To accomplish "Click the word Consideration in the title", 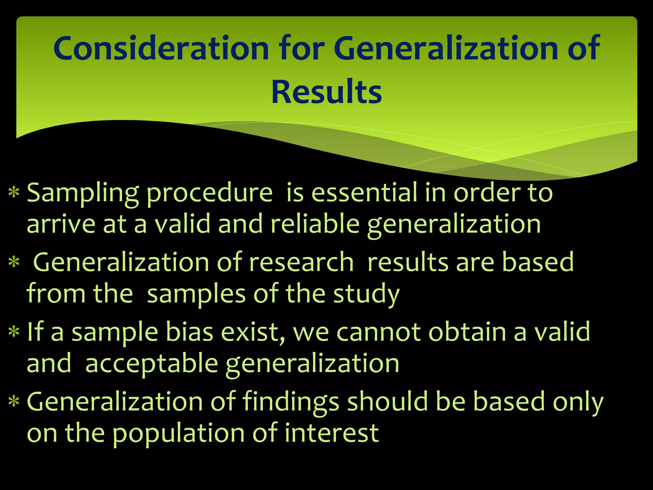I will [161, 48].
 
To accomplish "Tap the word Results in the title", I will [326, 92].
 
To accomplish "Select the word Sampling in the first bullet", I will [83, 194].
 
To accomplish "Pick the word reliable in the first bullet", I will [315, 224].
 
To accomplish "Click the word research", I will [301, 262].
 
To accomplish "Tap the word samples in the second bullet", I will [196, 294].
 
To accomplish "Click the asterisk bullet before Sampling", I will [14, 193].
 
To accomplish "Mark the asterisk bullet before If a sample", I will [14, 332].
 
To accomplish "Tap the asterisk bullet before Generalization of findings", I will [14, 402].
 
